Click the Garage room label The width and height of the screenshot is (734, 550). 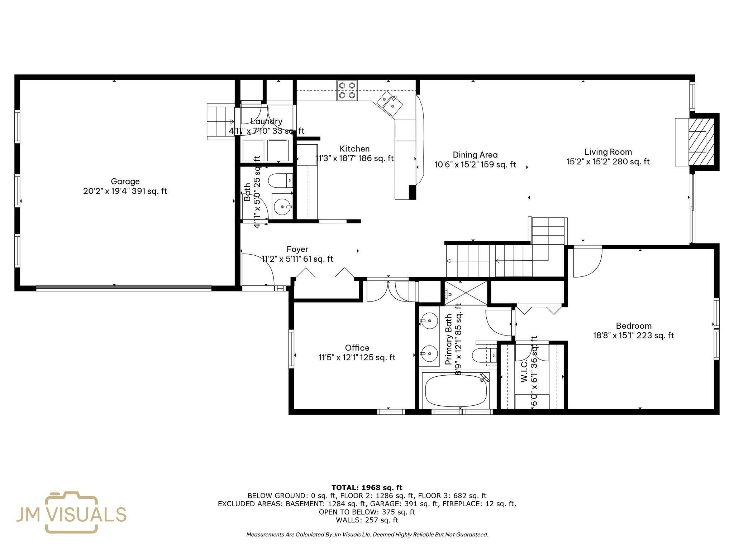[x=125, y=181]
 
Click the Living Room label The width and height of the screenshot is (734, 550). [x=608, y=152]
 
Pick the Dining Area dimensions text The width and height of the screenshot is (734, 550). [x=475, y=165]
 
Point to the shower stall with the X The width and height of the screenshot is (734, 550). [x=466, y=293]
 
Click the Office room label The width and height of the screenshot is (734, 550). [x=357, y=348]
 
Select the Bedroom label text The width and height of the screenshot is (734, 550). [x=633, y=326]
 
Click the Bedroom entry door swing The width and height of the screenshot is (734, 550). [x=586, y=263]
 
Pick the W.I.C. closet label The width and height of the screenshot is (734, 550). [x=524, y=371]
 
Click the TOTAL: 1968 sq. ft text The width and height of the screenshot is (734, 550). [x=367, y=487]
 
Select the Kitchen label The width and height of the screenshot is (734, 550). [x=354, y=149]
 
